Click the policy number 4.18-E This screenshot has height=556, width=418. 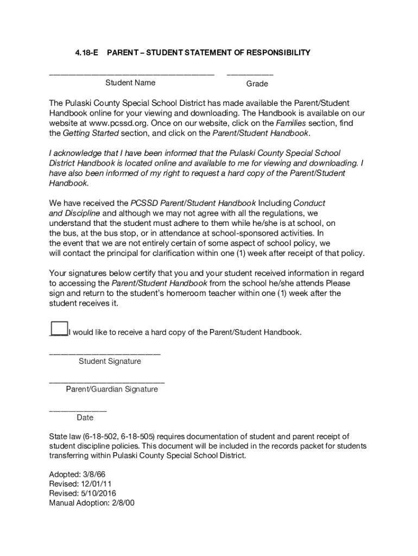tap(86, 53)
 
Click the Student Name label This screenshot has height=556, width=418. tap(130, 83)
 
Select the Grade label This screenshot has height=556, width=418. tap(257, 84)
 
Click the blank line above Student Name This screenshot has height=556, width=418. tap(132, 73)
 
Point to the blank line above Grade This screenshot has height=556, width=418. tap(250, 73)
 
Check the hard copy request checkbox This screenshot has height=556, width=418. tap(58, 329)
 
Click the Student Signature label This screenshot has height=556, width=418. tap(110, 361)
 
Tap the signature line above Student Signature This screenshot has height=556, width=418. tap(105, 354)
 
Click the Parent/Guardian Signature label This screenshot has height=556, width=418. tap(112, 389)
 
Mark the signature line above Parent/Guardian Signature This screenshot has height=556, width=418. tap(107, 382)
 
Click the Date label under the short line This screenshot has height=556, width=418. tap(85, 418)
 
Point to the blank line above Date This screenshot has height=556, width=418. tap(78, 410)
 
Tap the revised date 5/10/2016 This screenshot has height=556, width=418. tap(98, 494)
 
